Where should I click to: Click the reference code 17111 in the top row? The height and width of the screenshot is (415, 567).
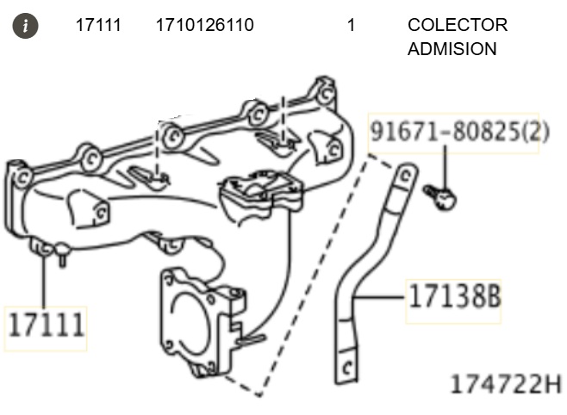coord(97,25)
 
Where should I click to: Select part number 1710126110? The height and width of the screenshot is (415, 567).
coord(204,25)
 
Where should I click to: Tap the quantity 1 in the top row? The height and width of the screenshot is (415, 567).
coord(351,25)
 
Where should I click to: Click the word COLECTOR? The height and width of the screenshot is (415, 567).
coord(458,25)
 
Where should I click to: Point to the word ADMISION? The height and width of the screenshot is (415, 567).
coord(452,49)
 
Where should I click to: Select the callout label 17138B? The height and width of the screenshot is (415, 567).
coord(453,298)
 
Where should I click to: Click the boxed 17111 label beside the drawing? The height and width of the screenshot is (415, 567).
coord(47,326)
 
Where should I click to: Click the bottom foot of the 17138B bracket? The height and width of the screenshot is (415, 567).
coord(346,369)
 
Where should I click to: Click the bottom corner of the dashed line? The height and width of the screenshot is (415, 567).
coord(259,395)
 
